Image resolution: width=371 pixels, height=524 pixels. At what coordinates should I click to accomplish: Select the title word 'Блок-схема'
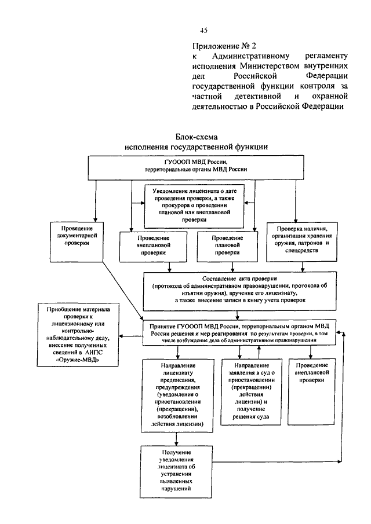pyautogui.click(x=195, y=137)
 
